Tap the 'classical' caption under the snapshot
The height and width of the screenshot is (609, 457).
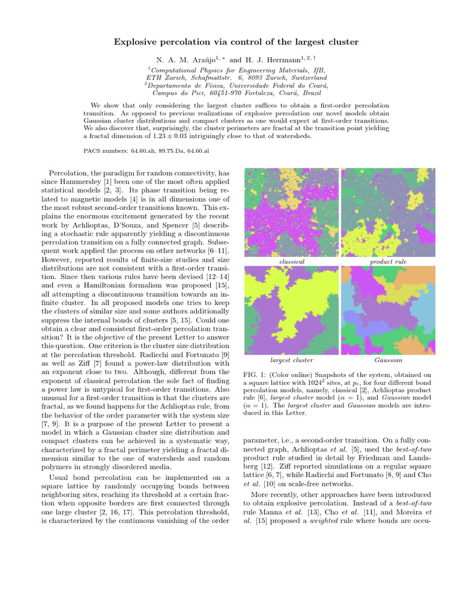click(x=292, y=262)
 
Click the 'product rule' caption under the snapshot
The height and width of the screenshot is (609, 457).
click(x=388, y=262)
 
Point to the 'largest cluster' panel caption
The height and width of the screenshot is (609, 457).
click(x=292, y=360)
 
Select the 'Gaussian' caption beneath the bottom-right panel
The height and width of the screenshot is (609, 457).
click(x=388, y=360)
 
